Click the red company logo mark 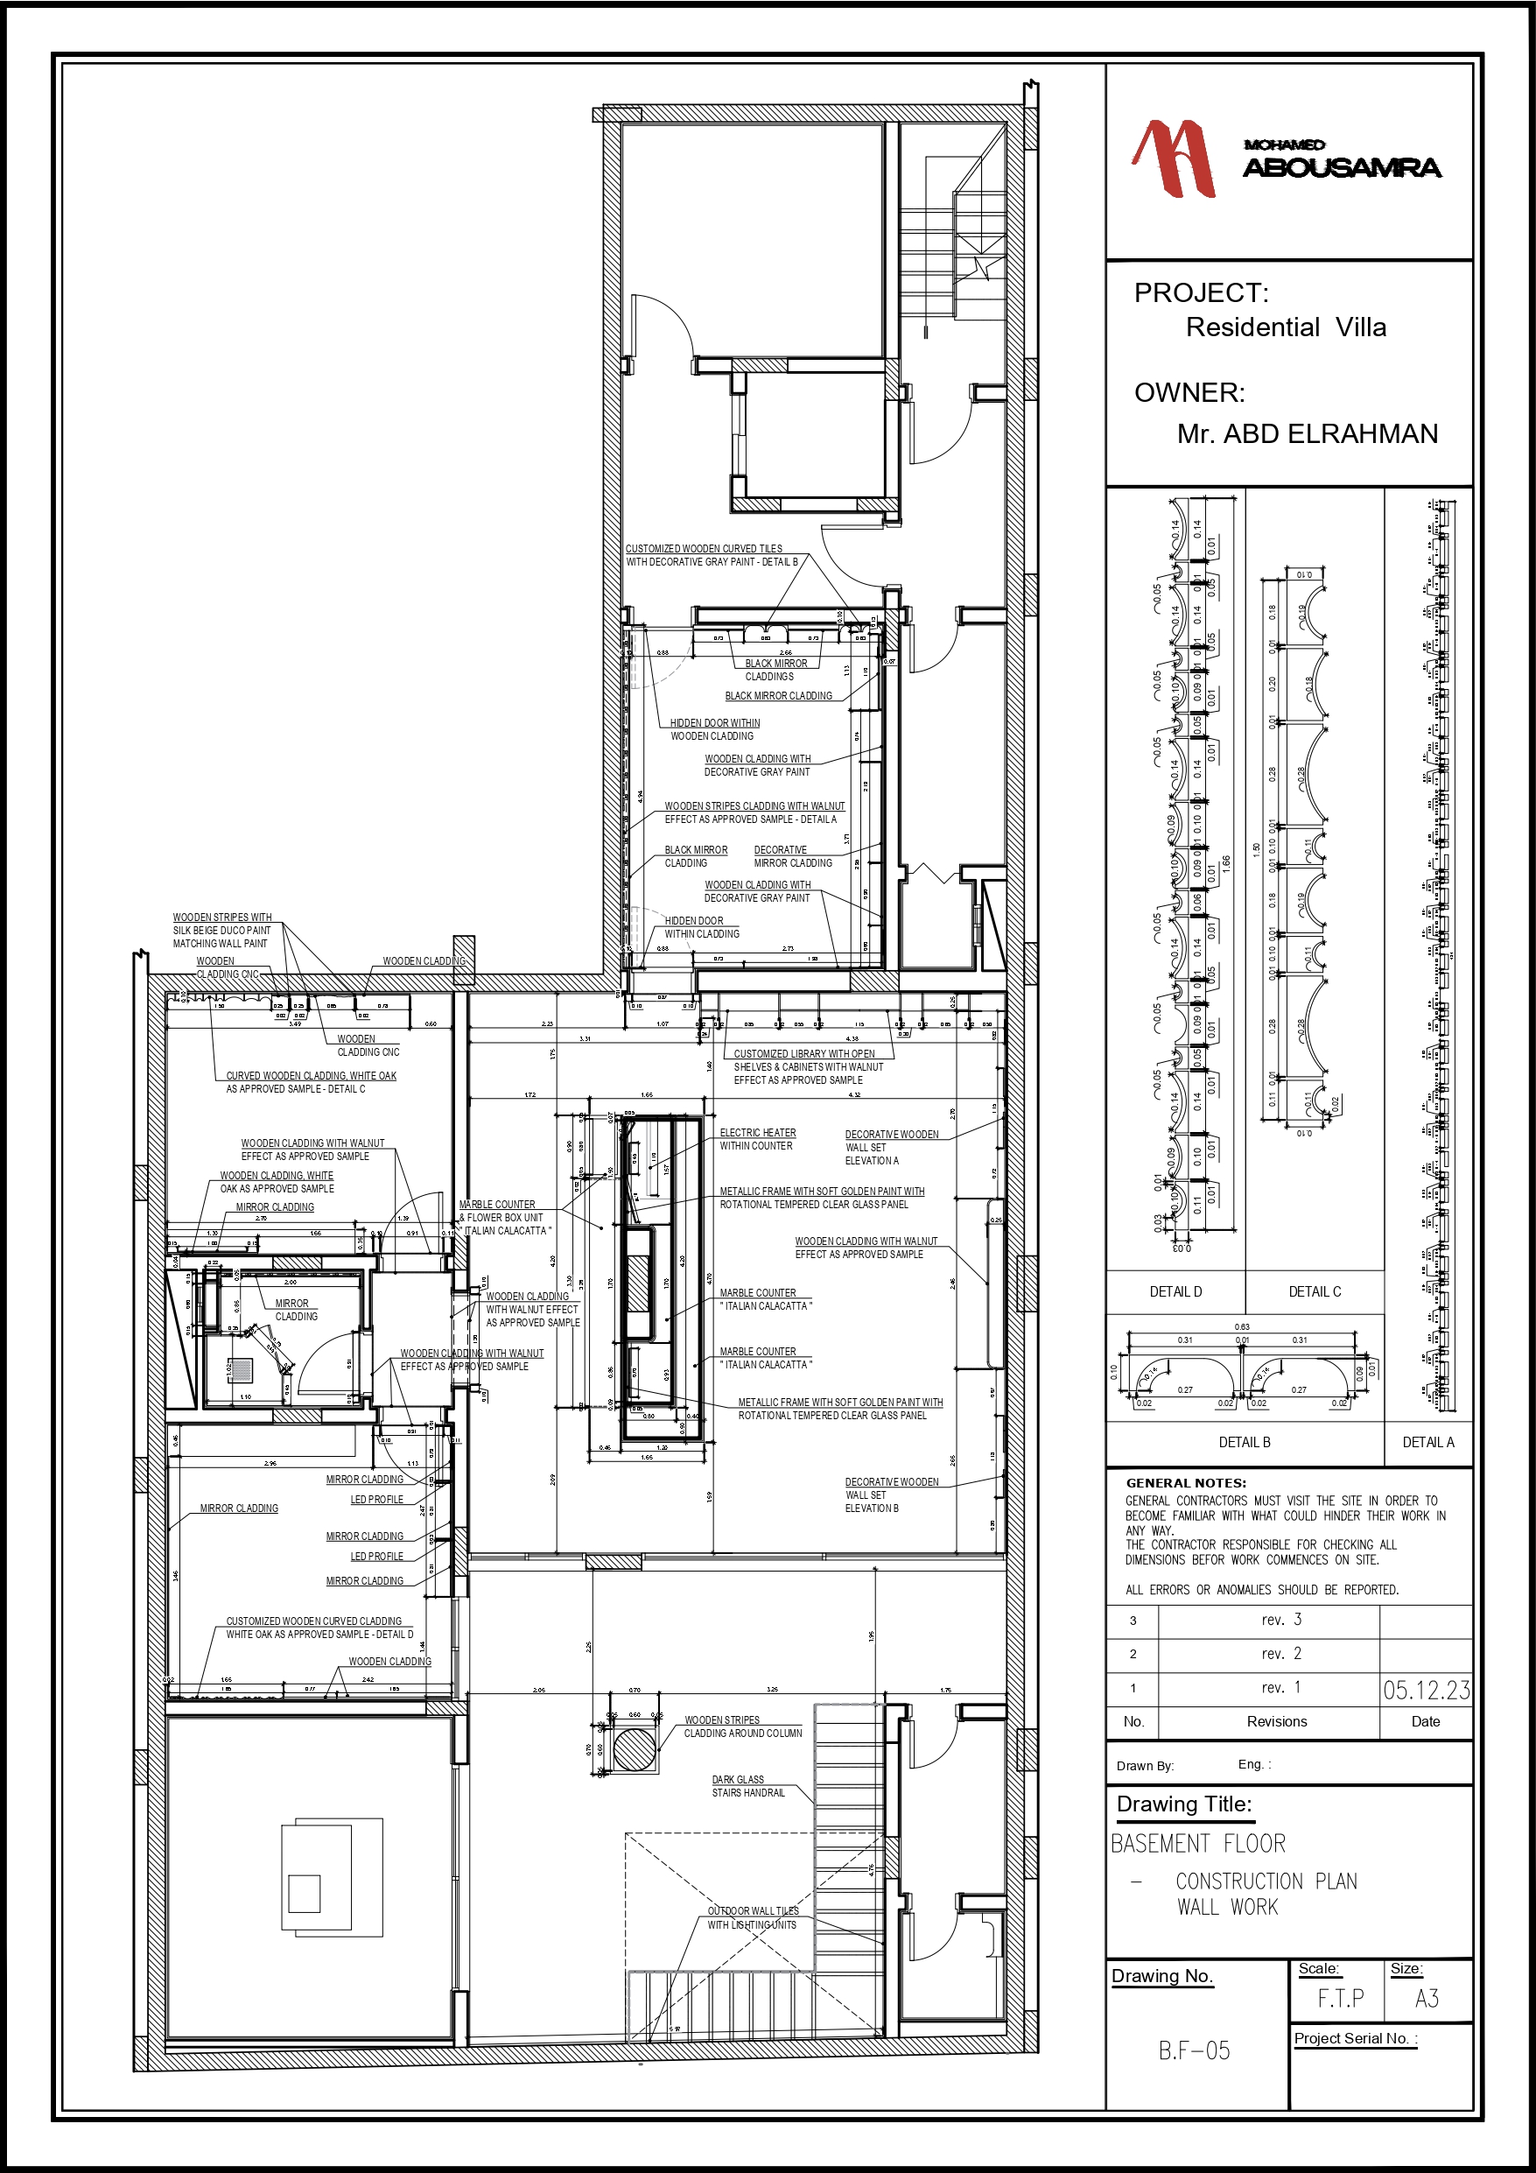tap(1174, 158)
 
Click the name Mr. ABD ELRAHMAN tap(1306, 434)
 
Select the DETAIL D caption tap(1175, 1292)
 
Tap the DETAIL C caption tap(1315, 1292)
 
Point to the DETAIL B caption tap(1245, 1442)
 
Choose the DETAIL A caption tap(1428, 1442)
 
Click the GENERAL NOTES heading tap(1186, 1483)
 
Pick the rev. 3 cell tap(1281, 1621)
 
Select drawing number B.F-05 tap(1195, 2050)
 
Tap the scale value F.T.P tap(1341, 1999)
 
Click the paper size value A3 tap(1427, 1999)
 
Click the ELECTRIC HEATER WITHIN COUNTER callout tap(757, 1140)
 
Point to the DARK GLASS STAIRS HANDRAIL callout tap(747, 1786)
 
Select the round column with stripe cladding tap(635, 1749)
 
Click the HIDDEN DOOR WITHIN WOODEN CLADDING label tap(714, 729)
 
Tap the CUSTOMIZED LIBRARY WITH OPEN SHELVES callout tap(807, 1066)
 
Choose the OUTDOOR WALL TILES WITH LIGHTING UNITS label tap(753, 1917)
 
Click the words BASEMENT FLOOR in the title tap(1198, 1844)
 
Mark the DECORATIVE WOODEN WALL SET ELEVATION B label tap(891, 1495)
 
